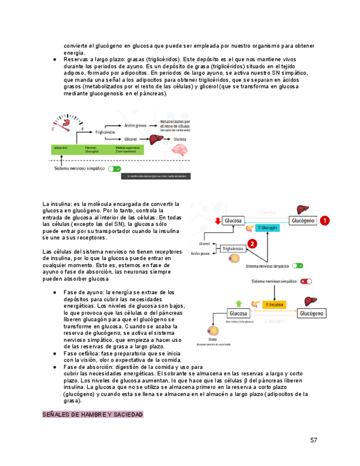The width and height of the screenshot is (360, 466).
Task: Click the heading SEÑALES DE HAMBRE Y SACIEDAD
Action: point(93,414)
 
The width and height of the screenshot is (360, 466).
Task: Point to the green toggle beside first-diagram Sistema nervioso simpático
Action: point(114,170)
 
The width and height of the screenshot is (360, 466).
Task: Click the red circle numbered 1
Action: point(325,220)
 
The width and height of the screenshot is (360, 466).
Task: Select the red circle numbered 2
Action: point(252,243)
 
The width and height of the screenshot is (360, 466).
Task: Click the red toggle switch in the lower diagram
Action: point(306,281)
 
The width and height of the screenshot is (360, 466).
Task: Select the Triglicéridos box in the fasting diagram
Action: point(234,249)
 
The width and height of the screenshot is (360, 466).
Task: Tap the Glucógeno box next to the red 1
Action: point(303,220)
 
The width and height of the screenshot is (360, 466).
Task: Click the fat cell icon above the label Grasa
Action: point(212,331)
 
